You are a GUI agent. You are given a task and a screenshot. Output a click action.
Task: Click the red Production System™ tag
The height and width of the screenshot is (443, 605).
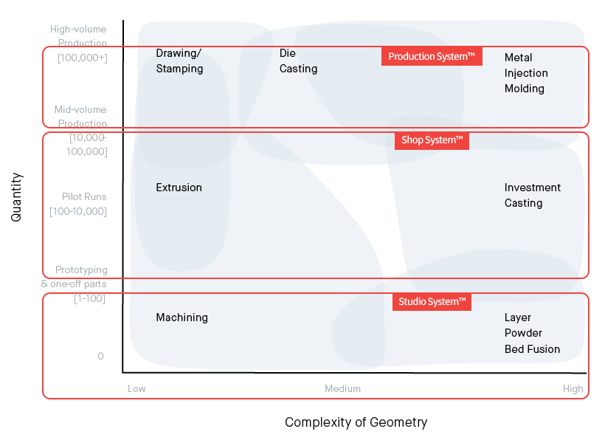[x=432, y=57]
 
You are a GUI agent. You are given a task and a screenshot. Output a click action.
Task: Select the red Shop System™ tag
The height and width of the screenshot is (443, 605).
[x=432, y=140]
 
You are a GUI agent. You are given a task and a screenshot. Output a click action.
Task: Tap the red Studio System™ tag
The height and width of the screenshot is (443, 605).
[x=432, y=301]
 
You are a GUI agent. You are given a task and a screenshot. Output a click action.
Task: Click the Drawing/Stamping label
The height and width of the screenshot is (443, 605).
[x=179, y=61]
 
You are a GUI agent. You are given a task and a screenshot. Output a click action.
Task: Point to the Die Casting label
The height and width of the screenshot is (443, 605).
[x=298, y=61]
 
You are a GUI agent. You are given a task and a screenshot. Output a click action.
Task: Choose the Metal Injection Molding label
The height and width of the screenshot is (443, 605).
[x=526, y=73]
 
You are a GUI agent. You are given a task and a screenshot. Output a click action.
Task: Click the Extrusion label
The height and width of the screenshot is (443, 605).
[x=179, y=188]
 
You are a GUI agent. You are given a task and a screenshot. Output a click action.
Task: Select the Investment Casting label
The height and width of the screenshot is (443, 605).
[x=533, y=195]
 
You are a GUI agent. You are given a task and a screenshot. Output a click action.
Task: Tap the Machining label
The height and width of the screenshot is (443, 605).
[x=181, y=317]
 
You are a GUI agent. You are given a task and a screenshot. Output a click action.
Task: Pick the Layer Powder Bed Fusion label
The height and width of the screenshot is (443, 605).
[x=532, y=333]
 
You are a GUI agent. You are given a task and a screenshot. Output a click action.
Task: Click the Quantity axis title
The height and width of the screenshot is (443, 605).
[x=17, y=197]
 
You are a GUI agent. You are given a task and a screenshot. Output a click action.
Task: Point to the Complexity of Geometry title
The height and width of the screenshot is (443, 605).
[x=356, y=422]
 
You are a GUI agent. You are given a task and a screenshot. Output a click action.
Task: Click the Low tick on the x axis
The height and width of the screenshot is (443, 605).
[x=136, y=388]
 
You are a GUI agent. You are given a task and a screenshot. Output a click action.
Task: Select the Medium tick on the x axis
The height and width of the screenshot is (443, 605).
[x=342, y=388]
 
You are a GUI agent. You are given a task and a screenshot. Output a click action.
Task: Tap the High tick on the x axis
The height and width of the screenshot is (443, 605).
[x=573, y=388]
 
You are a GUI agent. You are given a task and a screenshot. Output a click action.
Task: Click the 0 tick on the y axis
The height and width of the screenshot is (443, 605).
[x=100, y=357]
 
